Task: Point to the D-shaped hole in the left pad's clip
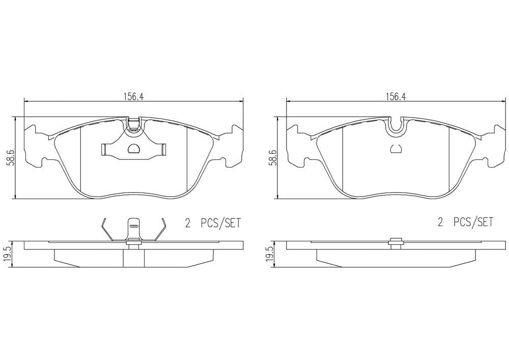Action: tap(134, 149)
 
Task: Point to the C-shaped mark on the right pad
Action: tap(396, 149)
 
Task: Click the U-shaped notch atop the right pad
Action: tap(396, 127)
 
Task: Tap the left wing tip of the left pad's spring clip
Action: tap(104, 149)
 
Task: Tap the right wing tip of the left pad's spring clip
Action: tap(164, 149)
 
